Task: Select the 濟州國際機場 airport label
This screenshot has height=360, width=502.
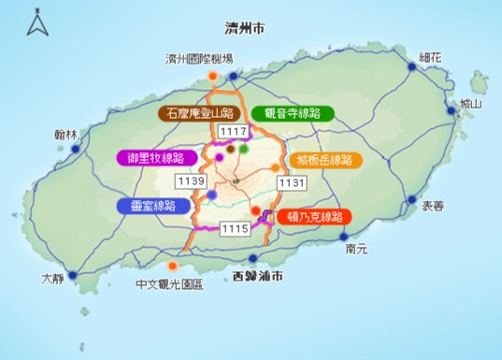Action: pos(199,59)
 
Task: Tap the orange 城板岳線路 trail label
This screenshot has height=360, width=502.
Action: pos(324,159)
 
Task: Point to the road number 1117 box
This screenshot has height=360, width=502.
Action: pos(233,132)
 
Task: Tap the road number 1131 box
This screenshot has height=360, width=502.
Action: pos(291,182)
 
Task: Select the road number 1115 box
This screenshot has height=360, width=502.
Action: pos(234,228)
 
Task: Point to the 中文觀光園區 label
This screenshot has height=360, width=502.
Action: pos(169,284)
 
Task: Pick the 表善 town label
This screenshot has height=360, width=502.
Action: pos(433,202)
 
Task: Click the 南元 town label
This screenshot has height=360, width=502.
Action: pos(356,249)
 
